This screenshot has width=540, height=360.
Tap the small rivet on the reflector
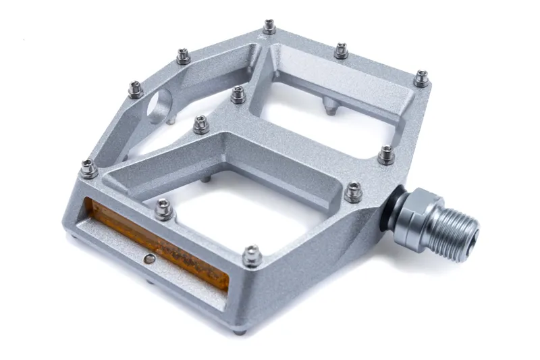(x=151, y=258)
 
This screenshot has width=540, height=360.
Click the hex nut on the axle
(x=416, y=217)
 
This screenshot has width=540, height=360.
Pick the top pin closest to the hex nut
(x=353, y=192)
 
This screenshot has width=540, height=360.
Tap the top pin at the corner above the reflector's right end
(x=252, y=255)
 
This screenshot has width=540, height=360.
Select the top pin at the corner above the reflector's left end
(x=88, y=169)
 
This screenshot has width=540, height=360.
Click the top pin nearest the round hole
(x=136, y=89)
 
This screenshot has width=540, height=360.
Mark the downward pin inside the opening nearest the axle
(x=329, y=106)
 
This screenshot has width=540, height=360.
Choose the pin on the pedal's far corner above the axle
(x=421, y=78)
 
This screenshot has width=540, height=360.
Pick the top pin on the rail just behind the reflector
(x=164, y=209)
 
